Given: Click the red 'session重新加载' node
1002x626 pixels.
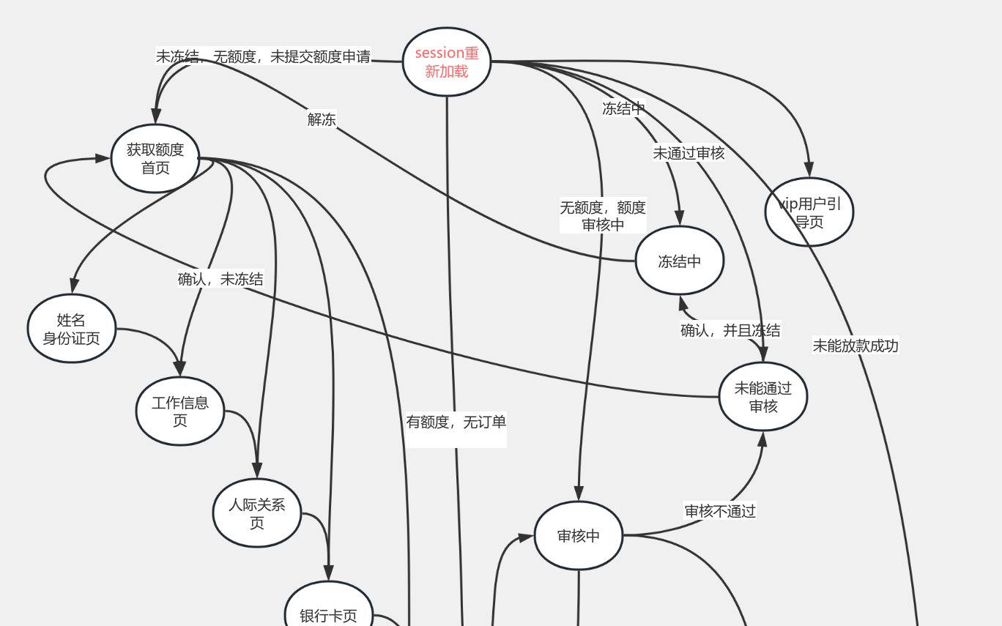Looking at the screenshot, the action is tap(447, 62).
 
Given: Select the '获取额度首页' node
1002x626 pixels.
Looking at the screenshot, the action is tap(155, 159).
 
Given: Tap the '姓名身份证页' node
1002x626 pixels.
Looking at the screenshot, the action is tap(72, 329).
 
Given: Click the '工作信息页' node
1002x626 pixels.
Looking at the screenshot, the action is tap(180, 411).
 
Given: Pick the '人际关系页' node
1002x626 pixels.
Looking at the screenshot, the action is tap(257, 513).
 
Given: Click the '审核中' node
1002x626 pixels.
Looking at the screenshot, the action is tap(579, 536).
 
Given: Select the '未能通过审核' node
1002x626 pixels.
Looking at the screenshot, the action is tap(763, 397).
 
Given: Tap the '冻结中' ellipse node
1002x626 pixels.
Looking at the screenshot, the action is tap(680, 260).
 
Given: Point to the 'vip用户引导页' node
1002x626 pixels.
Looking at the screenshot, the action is tap(809, 212).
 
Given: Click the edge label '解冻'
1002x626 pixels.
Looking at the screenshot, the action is tap(322, 119).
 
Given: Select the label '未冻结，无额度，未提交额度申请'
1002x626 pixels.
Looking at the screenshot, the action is tap(263, 56).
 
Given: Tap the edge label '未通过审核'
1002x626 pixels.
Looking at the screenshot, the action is tap(689, 153).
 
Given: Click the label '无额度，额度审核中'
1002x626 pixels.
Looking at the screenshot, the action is tap(603, 216).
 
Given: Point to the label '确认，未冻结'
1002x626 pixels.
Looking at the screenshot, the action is tap(220, 279).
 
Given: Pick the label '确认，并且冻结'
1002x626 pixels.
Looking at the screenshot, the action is tap(730, 330).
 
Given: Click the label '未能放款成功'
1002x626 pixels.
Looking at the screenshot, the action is tap(856, 346).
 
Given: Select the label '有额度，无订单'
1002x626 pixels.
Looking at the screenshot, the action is tap(456, 422).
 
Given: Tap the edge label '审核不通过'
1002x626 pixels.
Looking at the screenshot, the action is tap(720, 510).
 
